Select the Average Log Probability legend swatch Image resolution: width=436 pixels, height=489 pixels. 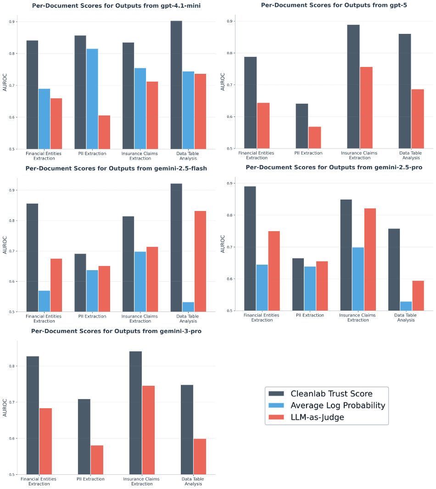coord(277,406)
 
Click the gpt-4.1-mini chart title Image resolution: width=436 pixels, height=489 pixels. coord(116,6)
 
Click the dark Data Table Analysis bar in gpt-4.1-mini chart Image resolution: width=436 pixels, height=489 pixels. coord(176,85)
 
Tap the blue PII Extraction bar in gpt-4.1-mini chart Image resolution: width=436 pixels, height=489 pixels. coord(92,99)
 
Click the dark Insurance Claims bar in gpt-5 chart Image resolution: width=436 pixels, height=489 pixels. coord(353,87)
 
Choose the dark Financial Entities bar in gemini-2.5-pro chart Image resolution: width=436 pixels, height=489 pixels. coord(250,249)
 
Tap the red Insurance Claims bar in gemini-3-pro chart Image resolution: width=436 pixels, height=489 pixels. coord(148,430)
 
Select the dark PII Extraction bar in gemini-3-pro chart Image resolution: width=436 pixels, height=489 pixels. coord(84,437)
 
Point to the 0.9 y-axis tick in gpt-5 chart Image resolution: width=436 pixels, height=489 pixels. coord(231,22)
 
